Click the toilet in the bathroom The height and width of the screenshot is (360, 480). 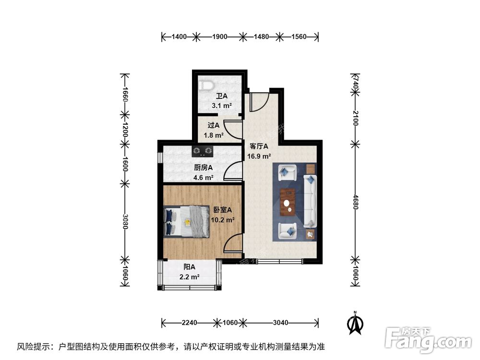tap(207, 85)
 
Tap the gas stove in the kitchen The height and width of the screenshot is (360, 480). tap(202, 152)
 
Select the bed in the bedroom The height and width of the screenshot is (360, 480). tap(187, 221)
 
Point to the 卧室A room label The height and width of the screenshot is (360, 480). tap(223, 210)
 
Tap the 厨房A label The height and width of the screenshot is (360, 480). tap(204, 168)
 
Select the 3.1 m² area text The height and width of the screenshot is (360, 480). tap(222, 106)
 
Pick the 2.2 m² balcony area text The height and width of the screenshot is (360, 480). tap(189, 277)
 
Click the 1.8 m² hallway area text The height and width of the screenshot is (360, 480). tap(214, 135)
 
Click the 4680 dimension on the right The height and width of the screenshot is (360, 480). tap(355, 201)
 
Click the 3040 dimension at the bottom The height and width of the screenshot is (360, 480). tap(281, 323)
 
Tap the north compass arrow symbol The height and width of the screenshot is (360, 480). tap(355, 324)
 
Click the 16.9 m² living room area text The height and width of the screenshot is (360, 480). tap(259, 156)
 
